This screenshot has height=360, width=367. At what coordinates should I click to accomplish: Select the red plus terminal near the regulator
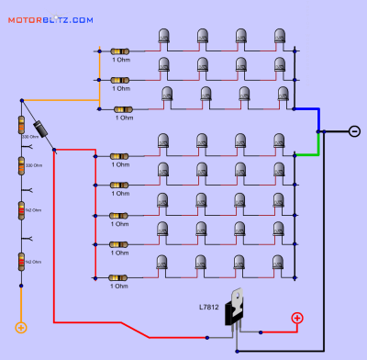point(296,319)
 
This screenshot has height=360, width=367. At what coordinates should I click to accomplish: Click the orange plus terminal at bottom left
point(21,326)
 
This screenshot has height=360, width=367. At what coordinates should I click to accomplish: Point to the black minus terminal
point(354,131)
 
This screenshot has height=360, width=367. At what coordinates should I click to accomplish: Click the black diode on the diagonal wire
point(41,129)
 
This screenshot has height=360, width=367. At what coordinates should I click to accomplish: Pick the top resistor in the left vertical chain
point(21,124)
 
